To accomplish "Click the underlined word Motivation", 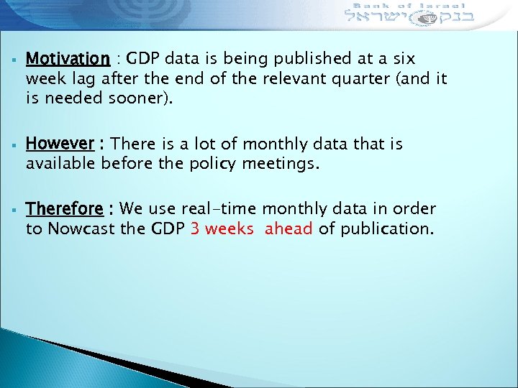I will click(x=68, y=58).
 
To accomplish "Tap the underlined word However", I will click(x=60, y=144).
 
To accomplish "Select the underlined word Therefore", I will click(x=64, y=209).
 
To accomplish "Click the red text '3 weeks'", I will click(x=222, y=228).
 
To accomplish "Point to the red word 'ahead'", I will click(x=288, y=228).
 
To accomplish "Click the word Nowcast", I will click(x=76, y=228).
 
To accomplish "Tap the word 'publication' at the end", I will click(x=385, y=228).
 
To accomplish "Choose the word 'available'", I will click(x=60, y=164).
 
